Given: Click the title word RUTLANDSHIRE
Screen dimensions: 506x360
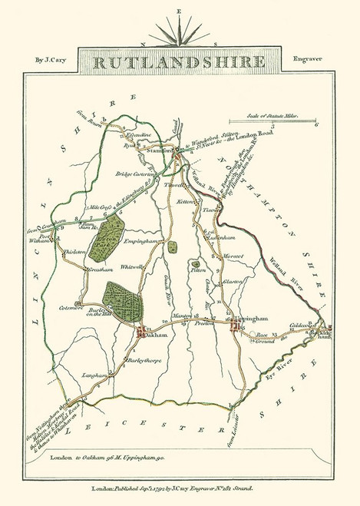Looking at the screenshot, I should pyautogui.click(x=180, y=61).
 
